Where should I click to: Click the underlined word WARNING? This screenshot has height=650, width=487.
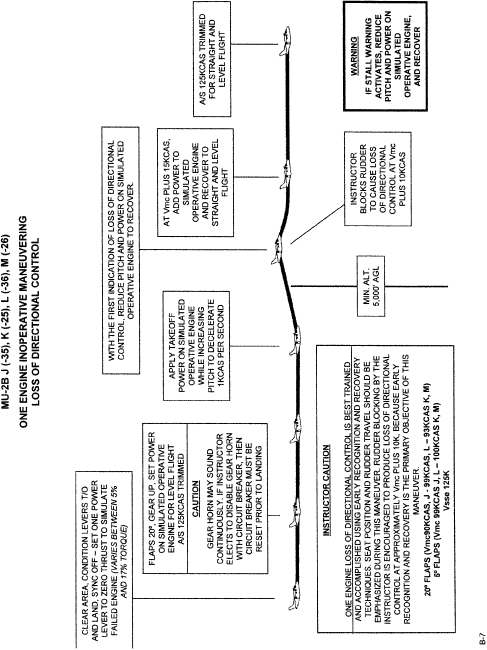(354, 56)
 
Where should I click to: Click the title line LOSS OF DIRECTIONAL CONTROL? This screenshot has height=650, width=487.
(36, 322)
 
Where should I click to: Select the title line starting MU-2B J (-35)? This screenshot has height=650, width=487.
(7, 322)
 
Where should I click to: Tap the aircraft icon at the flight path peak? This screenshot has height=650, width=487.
(277, 250)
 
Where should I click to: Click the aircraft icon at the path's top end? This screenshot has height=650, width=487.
(285, 41)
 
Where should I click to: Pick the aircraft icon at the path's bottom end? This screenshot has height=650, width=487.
(294, 595)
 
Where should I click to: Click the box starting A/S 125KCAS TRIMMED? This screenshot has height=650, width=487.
(213, 58)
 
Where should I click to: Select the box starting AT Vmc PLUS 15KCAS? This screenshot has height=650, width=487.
(195, 182)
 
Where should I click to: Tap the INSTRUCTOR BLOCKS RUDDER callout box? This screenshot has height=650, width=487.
(378, 179)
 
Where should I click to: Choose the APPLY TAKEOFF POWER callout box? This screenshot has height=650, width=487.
(196, 345)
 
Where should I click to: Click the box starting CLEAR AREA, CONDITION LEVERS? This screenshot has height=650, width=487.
(104, 560)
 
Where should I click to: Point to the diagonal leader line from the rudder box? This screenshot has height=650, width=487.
(317, 223)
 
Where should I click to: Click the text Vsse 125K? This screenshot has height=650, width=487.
(448, 494)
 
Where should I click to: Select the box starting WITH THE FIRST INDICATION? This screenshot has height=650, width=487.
(120, 250)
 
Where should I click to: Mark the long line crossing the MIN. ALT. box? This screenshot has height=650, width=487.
(370, 286)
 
